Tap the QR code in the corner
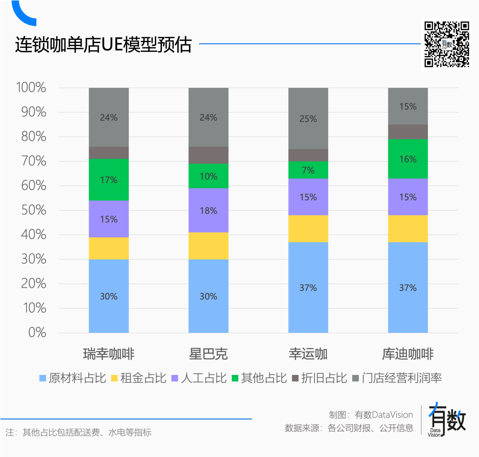[447, 44]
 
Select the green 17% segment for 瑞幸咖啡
[109, 180]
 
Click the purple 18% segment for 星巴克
[208, 210]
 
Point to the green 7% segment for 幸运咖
[308, 170]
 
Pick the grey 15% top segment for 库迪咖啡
[408, 106]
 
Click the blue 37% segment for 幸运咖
[308, 288]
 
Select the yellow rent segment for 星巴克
[208, 246]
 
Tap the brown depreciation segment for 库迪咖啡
[408, 132]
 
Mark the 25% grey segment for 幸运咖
[308, 118]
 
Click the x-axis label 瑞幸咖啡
[109, 354]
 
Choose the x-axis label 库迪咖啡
[408, 354]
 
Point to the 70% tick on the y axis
[34, 162]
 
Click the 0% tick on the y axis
[37, 333]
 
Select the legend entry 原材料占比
[73, 378]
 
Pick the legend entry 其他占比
[259, 378]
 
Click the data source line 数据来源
[349, 428]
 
